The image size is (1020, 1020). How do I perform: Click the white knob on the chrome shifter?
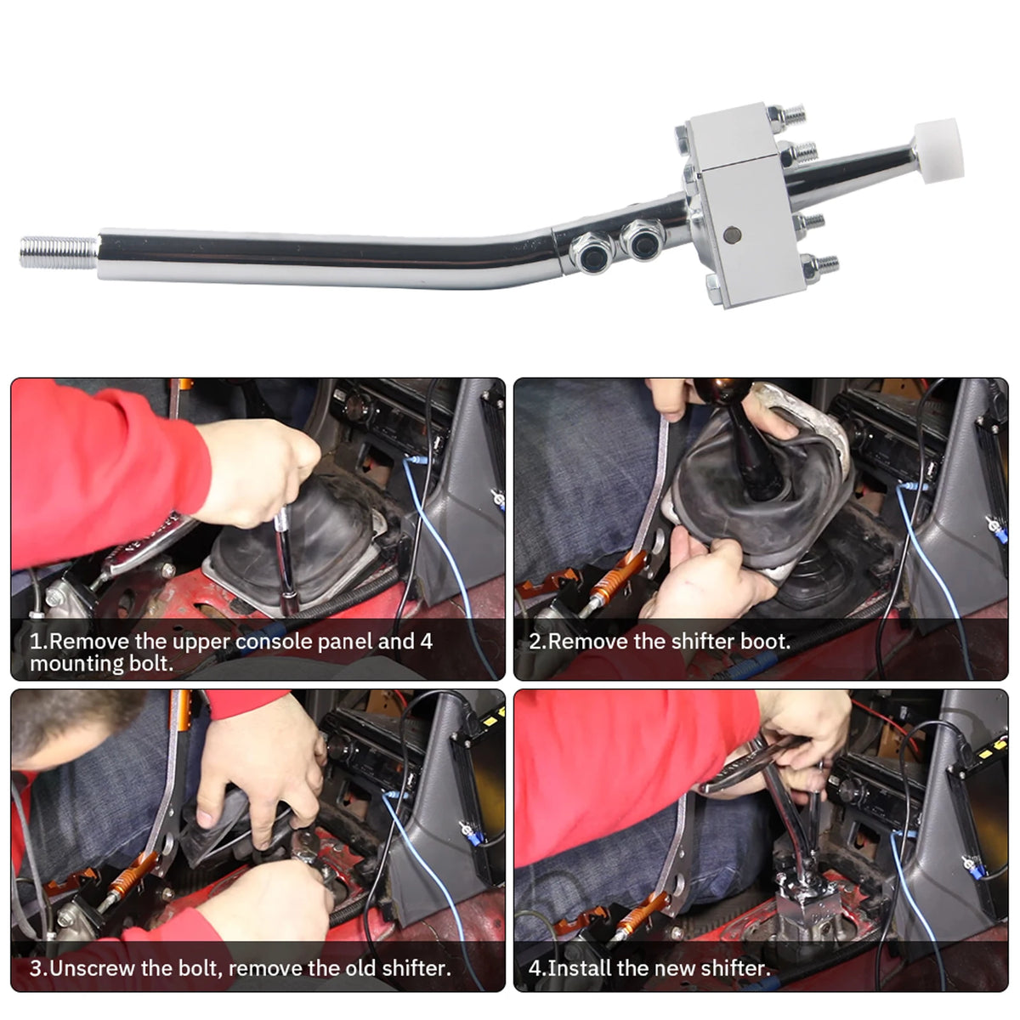[938, 150]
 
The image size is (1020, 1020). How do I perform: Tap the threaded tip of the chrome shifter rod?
[59, 252]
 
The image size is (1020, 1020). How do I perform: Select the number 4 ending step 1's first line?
[426, 642]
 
